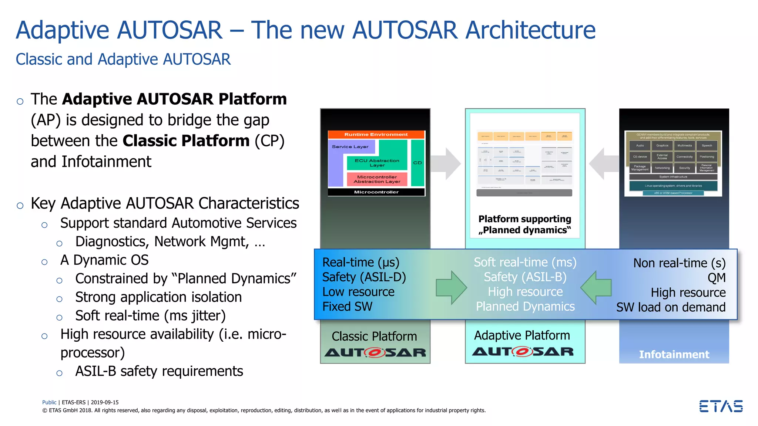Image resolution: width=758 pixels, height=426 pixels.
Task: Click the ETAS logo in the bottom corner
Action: (x=721, y=406)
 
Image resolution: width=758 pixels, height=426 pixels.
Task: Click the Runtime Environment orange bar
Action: (x=376, y=135)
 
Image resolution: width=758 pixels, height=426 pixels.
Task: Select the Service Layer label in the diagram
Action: (x=350, y=147)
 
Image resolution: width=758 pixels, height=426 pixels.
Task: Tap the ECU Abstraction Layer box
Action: (x=377, y=163)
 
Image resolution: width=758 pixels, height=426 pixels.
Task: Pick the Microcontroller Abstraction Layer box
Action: (x=377, y=179)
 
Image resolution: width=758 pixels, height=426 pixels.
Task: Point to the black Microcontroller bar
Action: (x=376, y=192)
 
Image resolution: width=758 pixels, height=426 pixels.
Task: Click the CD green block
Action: (x=417, y=163)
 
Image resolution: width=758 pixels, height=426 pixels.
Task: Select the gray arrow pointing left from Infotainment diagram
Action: (x=603, y=163)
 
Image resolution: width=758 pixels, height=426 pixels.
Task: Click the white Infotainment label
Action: (x=674, y=354)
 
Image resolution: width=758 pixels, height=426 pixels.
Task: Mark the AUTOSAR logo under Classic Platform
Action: (x=375, y=353)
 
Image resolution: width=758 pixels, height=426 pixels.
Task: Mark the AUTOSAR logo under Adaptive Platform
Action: (x=522, y=352)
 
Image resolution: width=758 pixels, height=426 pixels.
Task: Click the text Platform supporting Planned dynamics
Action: (x=524, y=224)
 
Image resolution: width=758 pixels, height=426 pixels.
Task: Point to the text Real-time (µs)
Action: (x=361, y=262)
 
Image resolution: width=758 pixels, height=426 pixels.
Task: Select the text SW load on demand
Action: (x=671, y=307)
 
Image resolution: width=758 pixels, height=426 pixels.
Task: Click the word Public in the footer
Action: (x=49, y=402)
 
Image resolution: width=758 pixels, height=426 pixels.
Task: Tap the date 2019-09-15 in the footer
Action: (x=105, y=402)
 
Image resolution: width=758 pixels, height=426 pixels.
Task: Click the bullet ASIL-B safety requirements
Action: (x=159, y=371)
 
